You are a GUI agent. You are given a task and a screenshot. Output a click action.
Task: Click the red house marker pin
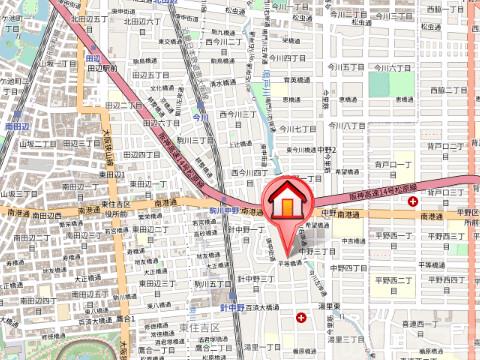(285, 201)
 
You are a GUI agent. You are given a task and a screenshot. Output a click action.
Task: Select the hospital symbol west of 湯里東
(302, 318)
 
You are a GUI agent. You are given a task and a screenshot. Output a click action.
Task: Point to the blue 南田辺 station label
(17, 128)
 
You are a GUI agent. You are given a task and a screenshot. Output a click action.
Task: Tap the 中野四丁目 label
(346, 268)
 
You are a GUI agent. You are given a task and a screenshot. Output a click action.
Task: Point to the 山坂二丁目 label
(39, 143)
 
